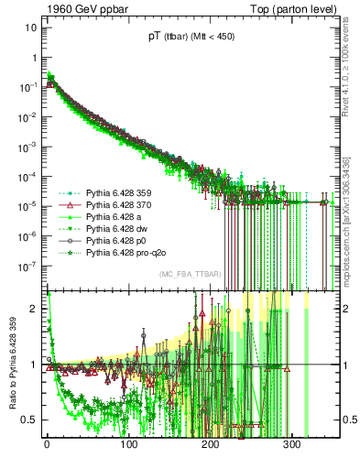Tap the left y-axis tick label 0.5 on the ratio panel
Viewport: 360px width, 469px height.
(27, 420)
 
